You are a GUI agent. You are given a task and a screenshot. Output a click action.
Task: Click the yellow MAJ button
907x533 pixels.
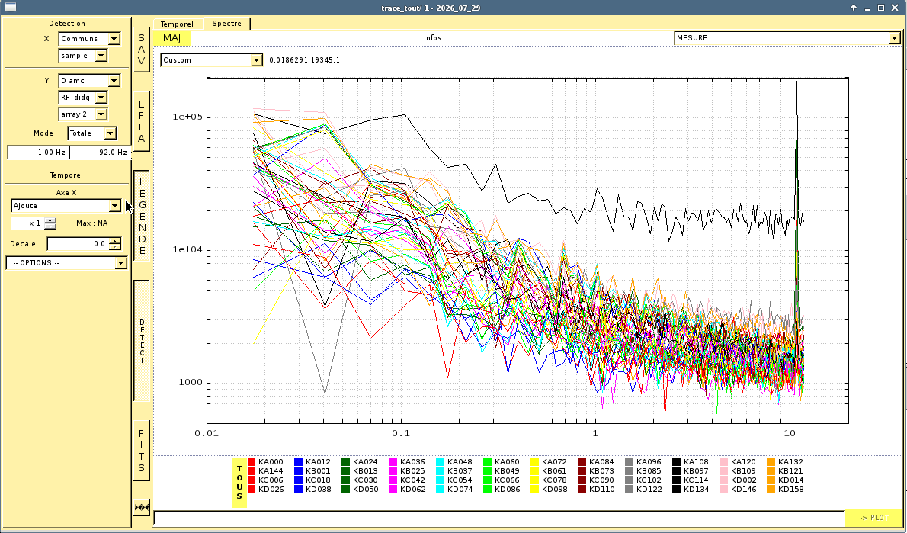[171, 38]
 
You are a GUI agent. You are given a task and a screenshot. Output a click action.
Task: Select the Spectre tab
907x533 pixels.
[227, 24]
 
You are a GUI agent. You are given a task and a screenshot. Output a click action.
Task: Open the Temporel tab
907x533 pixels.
[177, 24]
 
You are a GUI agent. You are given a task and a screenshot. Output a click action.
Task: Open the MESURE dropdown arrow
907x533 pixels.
[894, 38]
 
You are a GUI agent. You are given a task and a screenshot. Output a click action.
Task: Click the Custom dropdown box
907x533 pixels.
[212, 60]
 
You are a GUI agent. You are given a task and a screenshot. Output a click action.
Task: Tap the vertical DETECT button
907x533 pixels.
[142, 341]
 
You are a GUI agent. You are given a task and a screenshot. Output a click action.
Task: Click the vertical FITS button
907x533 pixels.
[142, 450]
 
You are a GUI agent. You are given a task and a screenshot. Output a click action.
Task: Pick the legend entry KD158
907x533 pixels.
[790, 489]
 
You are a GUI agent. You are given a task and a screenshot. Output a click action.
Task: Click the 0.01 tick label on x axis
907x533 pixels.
[207, 433]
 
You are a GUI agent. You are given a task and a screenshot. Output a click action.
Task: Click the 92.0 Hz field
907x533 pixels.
[100, 153]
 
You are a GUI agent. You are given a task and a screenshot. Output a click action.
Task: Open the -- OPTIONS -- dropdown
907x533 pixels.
[66, 263]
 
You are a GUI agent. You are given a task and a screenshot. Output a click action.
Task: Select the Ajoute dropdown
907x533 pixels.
[66, 206]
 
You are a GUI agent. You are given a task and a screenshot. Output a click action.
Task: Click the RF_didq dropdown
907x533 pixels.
[83, 98]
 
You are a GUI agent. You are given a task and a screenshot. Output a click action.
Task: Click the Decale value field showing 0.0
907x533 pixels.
[79, 244]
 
